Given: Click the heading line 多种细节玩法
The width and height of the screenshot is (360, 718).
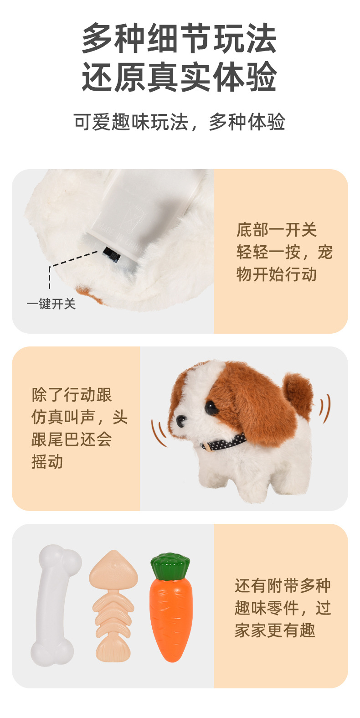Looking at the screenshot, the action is click(180, 38).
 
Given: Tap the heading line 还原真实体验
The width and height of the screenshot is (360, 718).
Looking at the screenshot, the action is click(180, 77).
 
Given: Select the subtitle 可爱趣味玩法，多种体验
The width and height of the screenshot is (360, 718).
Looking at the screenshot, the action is click(180, 122).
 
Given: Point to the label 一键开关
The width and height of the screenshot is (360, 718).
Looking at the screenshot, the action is click(51, 304).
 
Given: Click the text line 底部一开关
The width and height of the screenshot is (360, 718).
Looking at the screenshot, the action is click(277, 230).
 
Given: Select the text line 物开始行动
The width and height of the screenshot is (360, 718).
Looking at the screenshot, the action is click(277, 274).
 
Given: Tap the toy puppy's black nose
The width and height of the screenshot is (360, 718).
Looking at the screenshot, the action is click(180, 420).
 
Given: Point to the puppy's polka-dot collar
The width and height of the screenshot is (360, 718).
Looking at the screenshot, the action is click(224, 442).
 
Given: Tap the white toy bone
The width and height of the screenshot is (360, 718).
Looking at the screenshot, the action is click(56, 606).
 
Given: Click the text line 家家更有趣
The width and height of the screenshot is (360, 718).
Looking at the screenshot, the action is click(275, 630).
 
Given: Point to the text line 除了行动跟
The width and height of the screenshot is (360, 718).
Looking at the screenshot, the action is click(72, 395).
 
